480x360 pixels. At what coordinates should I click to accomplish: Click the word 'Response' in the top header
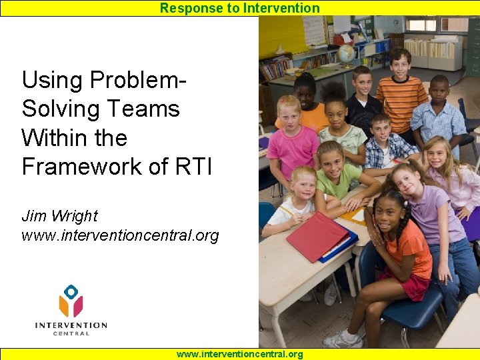[x=183, y=8]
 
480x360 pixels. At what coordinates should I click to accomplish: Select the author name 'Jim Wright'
[x=59, y=216]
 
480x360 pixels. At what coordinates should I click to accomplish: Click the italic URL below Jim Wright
[x=120, y=236]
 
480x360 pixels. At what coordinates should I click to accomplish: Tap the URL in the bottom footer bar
[x=239, y=355]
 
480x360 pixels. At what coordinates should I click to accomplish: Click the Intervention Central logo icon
[x=71, y=301]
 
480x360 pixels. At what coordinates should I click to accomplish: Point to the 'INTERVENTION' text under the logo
[x=71, y=325]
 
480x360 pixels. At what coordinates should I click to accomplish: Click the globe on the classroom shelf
[x=346, y=53]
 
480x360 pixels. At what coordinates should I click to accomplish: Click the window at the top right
[x=437, y=25]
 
